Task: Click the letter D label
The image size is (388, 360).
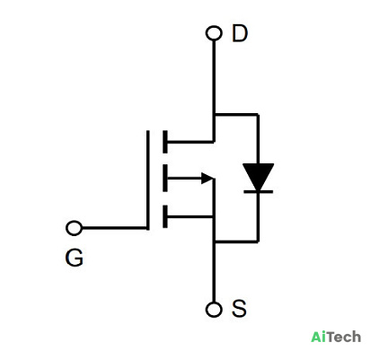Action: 240,33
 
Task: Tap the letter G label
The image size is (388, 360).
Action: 74,258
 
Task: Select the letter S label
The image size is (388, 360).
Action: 239,308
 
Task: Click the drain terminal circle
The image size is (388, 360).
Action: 214,33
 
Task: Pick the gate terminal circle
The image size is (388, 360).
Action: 74,228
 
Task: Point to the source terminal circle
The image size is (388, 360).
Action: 214,310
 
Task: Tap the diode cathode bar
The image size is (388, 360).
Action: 258,191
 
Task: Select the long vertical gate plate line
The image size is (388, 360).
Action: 147,180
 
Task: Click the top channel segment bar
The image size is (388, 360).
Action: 165,142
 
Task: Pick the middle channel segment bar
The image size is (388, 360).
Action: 165,178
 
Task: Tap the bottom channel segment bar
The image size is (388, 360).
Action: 165,216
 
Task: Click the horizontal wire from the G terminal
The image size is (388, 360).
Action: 115,228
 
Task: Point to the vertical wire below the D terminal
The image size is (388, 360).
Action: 214,91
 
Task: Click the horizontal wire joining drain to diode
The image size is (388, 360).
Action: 236,114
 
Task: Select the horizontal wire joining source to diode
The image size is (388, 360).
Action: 236,241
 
